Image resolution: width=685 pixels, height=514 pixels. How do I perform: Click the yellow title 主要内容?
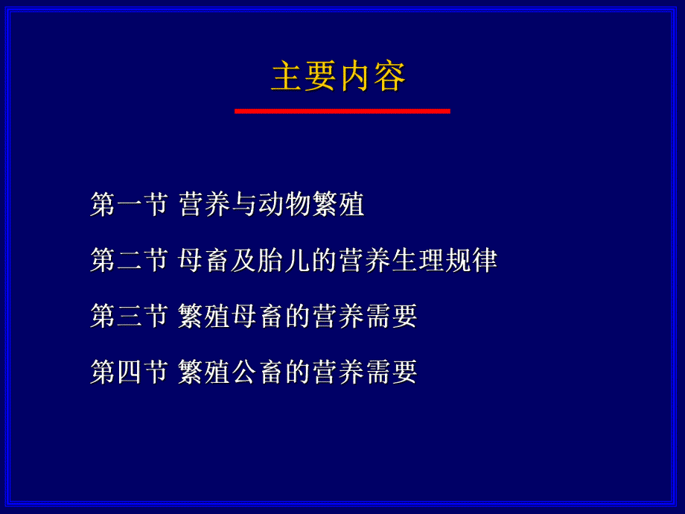[x=339, y=77]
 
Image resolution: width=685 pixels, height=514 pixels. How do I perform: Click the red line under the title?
[x=342, y=111]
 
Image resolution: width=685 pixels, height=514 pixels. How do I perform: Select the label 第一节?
[x=128, y=204]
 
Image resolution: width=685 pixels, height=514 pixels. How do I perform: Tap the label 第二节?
[x=128, y=260]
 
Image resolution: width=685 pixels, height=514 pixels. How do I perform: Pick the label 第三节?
[x=128, y=316]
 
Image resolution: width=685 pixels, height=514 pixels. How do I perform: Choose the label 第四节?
[x=128, y=372]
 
